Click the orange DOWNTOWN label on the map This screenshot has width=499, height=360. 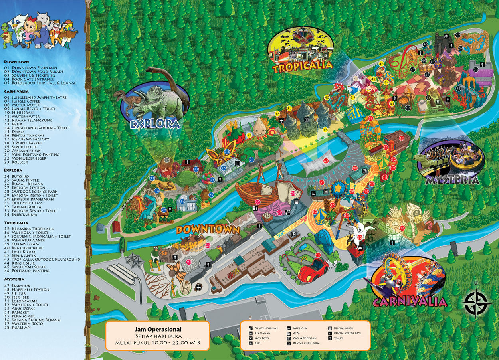tap(208, 230)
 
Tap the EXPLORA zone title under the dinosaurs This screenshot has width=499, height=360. tap(156, 124)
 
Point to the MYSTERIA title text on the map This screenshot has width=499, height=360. tap(452, 180)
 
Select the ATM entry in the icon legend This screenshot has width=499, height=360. tap(296, 333)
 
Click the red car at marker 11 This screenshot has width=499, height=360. tap(313, 270)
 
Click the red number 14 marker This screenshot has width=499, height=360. tap(402, 228)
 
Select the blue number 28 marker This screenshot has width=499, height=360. tap(182, 202)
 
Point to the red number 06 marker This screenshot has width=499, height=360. tap(326, 161)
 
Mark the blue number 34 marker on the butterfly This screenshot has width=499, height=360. tap(227, 152)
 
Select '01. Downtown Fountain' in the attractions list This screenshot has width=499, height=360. tap(30, 68)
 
